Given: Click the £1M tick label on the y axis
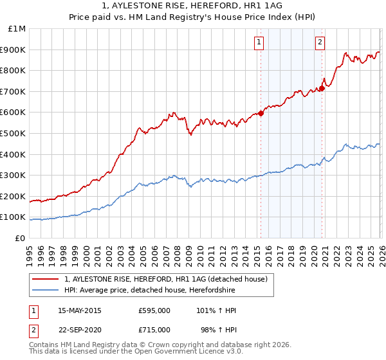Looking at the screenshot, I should tap(17, 29).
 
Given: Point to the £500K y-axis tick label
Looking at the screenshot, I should tap(14, 133).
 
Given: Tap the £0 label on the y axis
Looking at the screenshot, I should tap(21, 238).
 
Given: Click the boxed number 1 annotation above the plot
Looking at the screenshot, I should tap(259, 43).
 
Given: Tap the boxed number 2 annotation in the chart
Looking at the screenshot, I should tap(320, 43).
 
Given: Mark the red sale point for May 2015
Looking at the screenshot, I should tap(261, 114).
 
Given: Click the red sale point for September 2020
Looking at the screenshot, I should tap(322, 88).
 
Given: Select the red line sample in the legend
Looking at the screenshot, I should tap(46, 279).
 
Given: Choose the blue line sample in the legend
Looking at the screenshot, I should tap(46, 291).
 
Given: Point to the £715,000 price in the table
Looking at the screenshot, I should tap(154, 330).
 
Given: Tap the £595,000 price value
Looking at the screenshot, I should tap(154, 310).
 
